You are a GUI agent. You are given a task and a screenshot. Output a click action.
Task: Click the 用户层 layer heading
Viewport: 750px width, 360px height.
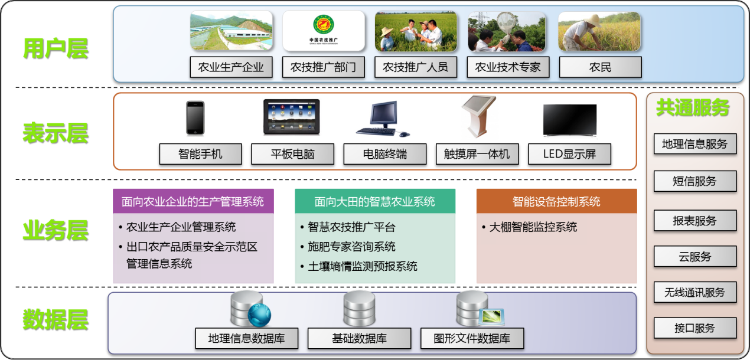pyautogui.click(x=56, y=49)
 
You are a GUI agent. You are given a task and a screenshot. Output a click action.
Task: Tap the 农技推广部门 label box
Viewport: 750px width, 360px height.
pyautogui.click(x=324, y=67)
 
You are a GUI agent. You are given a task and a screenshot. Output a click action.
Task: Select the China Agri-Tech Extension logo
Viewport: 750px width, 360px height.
pyautogui.click(x=324, y=30)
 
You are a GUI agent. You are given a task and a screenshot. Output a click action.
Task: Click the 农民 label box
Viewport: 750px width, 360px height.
pyautogui.click(x=601, y=67)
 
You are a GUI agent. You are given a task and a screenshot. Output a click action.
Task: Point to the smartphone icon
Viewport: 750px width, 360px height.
pyautogui.click(x=195, y=118)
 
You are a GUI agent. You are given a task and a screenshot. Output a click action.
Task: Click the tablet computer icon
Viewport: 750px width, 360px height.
pyautogui.click(x=292, y=117)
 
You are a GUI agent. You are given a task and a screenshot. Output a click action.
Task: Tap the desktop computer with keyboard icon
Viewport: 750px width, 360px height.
pyautogui.click(x=383, y=119)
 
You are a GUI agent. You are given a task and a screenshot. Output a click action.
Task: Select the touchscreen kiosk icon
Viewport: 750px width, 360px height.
pyautogui.click(x=478, y=116)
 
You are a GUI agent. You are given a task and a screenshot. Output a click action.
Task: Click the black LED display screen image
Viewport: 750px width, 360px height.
pyautogui.click(x=570, y=120)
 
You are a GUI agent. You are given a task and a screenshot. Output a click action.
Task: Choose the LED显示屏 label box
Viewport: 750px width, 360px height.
pyautogui.click(x=569, y=154)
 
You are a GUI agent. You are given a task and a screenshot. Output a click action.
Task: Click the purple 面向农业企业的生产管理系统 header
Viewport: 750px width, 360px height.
pyautogui.click(x=193, y=201)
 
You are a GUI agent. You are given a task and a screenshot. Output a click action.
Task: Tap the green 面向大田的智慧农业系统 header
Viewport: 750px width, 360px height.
pyautogui.click(x=375, y=201)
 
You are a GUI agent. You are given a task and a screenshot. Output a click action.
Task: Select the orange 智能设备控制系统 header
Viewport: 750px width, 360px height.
pyautogui.click(x=556, y=201)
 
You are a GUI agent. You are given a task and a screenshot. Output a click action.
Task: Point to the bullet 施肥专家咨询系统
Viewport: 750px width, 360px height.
pyautogui.click(x=348, y=247)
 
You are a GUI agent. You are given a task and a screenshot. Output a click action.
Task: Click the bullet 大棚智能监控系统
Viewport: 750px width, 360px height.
pyautogui.click(x=530, y=227)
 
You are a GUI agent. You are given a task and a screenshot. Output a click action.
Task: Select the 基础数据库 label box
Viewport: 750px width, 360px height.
pyautogui.click(x=359, y=339)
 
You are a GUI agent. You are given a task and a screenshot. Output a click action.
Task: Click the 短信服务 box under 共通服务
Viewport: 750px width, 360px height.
pyautogui.click(x=695, y=181)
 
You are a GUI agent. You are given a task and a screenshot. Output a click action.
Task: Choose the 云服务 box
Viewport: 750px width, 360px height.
pyautogui.click(x=695, y=257)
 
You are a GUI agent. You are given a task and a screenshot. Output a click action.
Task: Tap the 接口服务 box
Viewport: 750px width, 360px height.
pyautogui.click(x=695, y=328)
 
